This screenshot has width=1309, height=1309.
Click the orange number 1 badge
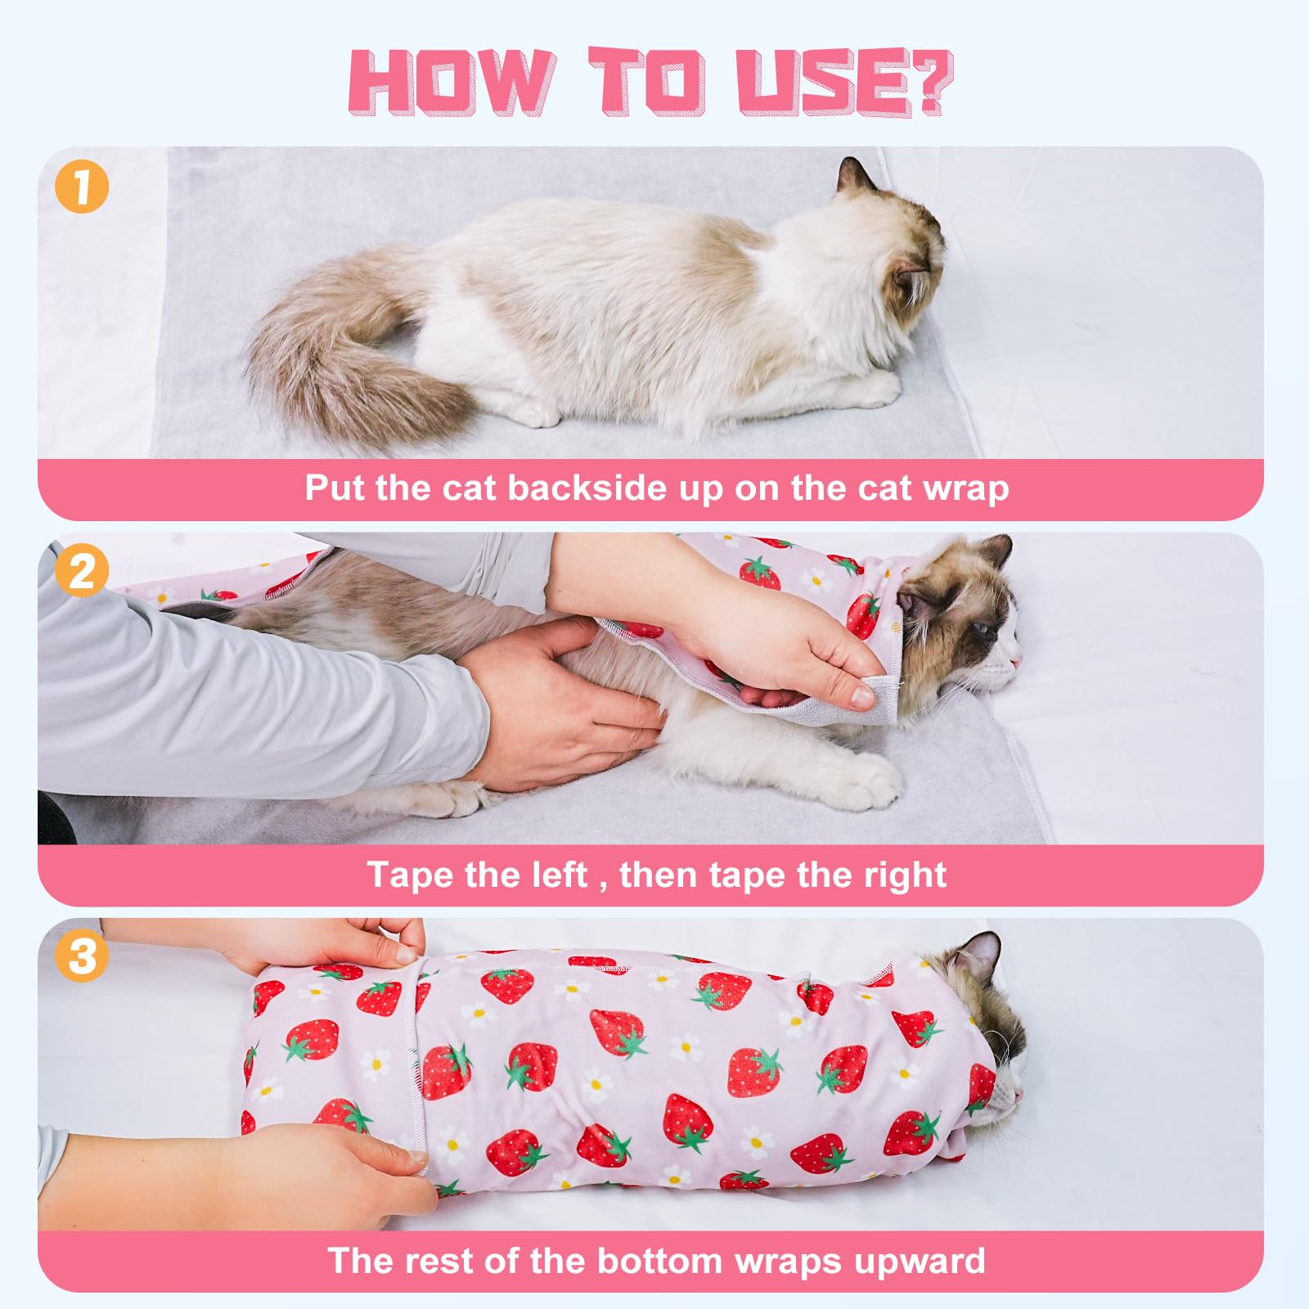click(x=82, y=187)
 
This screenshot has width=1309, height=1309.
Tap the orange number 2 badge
click(x=82, y=570)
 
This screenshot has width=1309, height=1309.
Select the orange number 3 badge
click(x=82, y=955)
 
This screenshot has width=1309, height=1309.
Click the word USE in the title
click(x=818, y=82)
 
